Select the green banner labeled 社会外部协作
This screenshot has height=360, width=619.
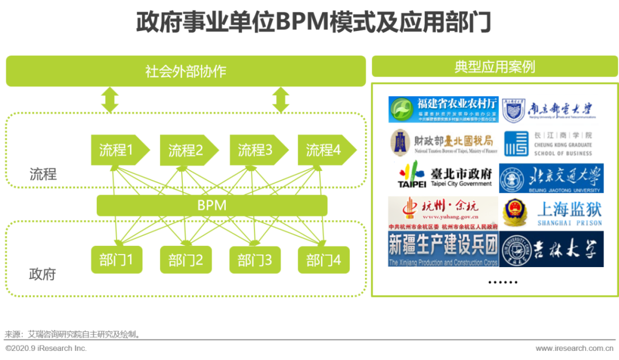pyautogui.click(x=186, y=71)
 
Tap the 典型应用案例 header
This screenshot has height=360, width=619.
pyautogui.click(x=495, y=66)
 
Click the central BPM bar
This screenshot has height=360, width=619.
pyautogui.click(x=212, y=205)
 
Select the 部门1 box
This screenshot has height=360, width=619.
pyautogui.click(x=116, y=260)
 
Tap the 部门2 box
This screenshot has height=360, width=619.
pyautogui.click(x=186, y=260)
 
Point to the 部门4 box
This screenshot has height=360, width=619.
pyautogui.click(x=323, y=260)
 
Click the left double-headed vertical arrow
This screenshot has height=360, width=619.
pyautogui.click(x=109, y=100)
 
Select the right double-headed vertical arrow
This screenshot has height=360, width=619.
pyautogui.click(x=280, y=100)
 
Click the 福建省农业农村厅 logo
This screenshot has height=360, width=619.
pyautogui.click(x=443, y=109)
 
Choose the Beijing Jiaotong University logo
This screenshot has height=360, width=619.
pyautogui.click(x=551, y=178)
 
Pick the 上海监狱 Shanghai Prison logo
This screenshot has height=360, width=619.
pyautogui.click(x=551, y=213)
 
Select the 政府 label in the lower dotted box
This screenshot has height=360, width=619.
pyautogui.click(x=42, y=274)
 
